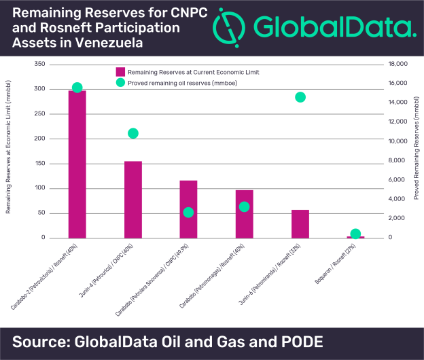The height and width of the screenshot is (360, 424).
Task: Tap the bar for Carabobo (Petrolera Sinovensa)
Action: (188, 209)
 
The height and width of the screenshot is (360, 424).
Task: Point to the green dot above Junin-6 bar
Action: (300, 97)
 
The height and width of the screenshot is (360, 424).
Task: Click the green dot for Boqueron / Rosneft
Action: (355, 234)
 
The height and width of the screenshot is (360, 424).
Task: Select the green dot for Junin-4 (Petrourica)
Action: (133, 133)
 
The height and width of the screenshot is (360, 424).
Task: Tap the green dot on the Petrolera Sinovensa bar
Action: (188, 213)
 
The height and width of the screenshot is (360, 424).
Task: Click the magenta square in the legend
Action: (120, 71)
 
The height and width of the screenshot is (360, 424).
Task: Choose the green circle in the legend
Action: (120, 83)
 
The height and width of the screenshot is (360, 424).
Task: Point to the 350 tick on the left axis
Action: (39, 64)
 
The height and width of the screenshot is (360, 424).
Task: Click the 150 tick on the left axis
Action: (39, 164)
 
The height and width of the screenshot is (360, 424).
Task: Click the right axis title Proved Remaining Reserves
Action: (415, 150)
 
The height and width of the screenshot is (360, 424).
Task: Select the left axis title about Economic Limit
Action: (10, 151)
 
